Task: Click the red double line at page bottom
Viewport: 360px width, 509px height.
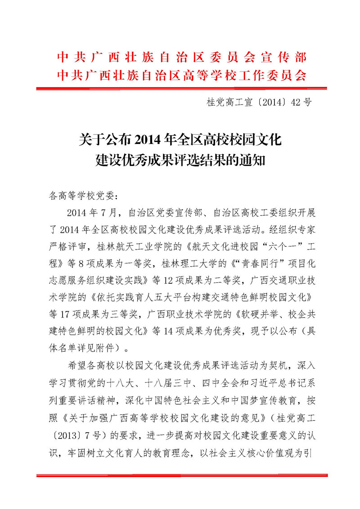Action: point(180,475)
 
